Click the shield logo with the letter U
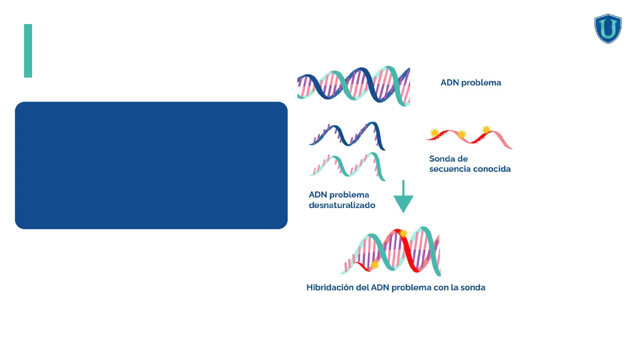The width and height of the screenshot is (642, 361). pyautogui.click(x=608, y=29)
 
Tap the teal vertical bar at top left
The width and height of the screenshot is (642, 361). pyautogui.click(x=28, y=51)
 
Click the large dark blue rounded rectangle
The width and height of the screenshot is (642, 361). pyautogui.click(x=151, y=165)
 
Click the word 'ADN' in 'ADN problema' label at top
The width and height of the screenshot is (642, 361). pyautogui.click(x=450, y=83)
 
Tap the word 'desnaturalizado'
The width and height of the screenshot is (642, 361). pyautogui.click(x=342, y=205)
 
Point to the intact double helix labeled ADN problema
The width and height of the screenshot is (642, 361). pyautogui.click(x=353, y=86)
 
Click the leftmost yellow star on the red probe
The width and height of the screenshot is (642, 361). pyautogui.click(x=434, y=133)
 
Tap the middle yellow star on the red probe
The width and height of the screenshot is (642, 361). pyautogui.click(x=462, y=134)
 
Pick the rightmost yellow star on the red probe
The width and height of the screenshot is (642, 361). pyautogui.click(x=486, y=129)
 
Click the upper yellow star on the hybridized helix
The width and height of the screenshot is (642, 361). pyautogui.click(x=404, y=233)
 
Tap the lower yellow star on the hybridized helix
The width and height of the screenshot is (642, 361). pyautogui.click(x=375, y=265)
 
